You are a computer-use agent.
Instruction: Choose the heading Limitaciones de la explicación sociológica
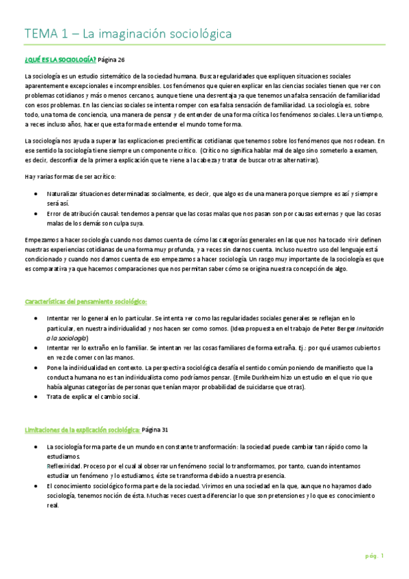click(82, 429)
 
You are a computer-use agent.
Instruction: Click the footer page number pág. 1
click(374, 556)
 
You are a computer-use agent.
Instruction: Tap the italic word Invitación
click(370, 328)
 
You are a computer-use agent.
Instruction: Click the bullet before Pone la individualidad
click(36, 367)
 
